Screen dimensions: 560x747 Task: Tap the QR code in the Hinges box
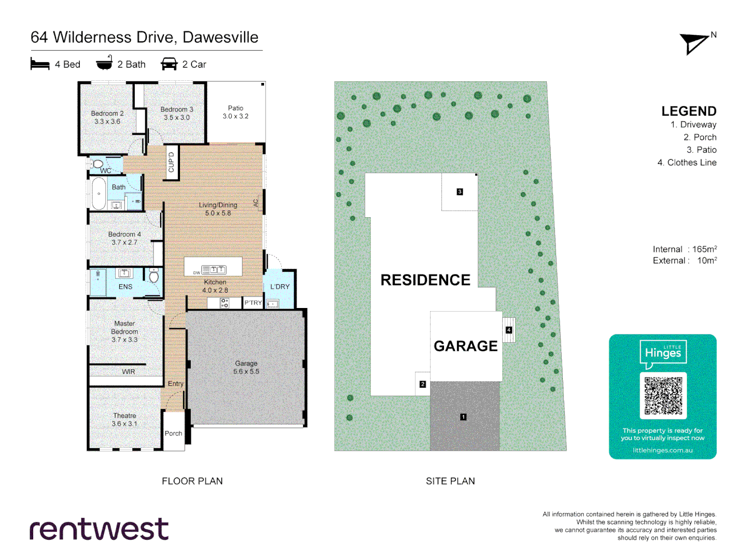pyautogui.click(x=663, y=395)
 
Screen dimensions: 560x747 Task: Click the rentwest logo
pyautogui.click(x=99, y=529)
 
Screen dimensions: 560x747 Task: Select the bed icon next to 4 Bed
pyautogui.click(x=40, y=64)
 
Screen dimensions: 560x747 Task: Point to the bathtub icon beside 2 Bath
pyautogui.click(x=104, y=63)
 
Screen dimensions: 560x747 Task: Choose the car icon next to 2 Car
pyautogui.click(x=169, y=64)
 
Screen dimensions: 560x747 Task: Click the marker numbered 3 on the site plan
pyautogui.click(x=460, y=192)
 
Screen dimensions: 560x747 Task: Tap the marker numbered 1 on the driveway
pyautogui.click(x=463, y=417)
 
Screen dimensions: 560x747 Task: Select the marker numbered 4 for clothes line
pyautogui.click(x=509, y=330)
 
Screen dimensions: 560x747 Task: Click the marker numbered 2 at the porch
pyautogui.click(x=423, y=384)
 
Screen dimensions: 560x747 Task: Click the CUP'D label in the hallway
pyautogui.click(x=172, y=162)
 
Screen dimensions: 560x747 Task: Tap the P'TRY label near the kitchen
pyautogui.click(x=253, y=303)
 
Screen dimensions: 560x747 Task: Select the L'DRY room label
pyautogui.click(x=280, y=287)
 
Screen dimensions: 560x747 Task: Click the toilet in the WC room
pyautogui.click(x=97, y=164)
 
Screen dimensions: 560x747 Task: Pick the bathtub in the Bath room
pyautogui.click(x=99, y=193)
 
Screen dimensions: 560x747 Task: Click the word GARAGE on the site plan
pyautogui.click(x=465, y=346)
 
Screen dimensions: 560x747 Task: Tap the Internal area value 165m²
pyautogui.click(x=704, y=249)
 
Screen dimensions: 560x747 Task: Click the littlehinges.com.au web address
pyautogui.click(x=662, y=450)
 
